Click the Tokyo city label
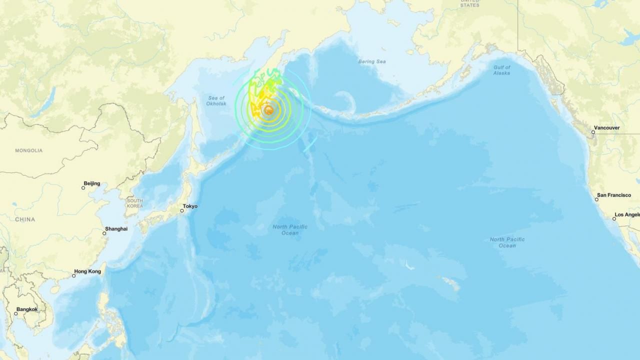click(190, 206)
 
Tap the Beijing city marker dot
click(83, 188)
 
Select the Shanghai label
click(116, 228)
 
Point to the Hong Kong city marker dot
click(74, 275)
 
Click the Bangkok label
click(27, 309)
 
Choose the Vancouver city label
click(607, 127)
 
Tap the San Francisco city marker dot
click(596, 199)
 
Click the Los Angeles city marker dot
click(615, 218)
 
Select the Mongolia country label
click(28, 150)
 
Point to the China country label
click(25, 219)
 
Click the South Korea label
click(134, 203)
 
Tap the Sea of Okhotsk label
click(216, 100)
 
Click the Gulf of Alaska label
click(501, 70)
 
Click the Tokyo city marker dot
click(182, 210)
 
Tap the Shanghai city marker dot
click(105, 233)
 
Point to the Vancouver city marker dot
click(593, 132)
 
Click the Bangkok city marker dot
click(16, 313)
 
